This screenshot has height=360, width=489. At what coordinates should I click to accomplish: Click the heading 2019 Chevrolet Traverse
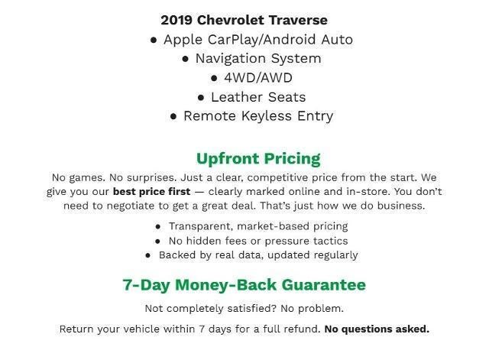tap(244, 20)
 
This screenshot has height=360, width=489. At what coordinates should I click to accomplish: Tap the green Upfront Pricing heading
tap(258, 159)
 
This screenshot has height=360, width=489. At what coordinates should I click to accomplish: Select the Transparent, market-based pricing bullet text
tap(258, 226)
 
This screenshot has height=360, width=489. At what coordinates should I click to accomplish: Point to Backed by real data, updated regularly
tap(258, 255)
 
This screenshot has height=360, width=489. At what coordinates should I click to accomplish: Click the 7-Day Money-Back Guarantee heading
tap(244, 285)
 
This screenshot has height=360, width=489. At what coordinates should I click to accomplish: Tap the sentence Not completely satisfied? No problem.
tap(244, 309)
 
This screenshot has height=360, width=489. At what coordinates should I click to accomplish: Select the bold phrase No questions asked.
tap(377, 329)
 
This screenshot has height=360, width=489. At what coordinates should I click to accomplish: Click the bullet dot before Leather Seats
tap(201, 98)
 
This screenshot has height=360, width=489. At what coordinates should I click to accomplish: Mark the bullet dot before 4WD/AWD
tap(215, 78)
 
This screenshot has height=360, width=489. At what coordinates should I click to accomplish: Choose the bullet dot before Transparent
tap(158, 227)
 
